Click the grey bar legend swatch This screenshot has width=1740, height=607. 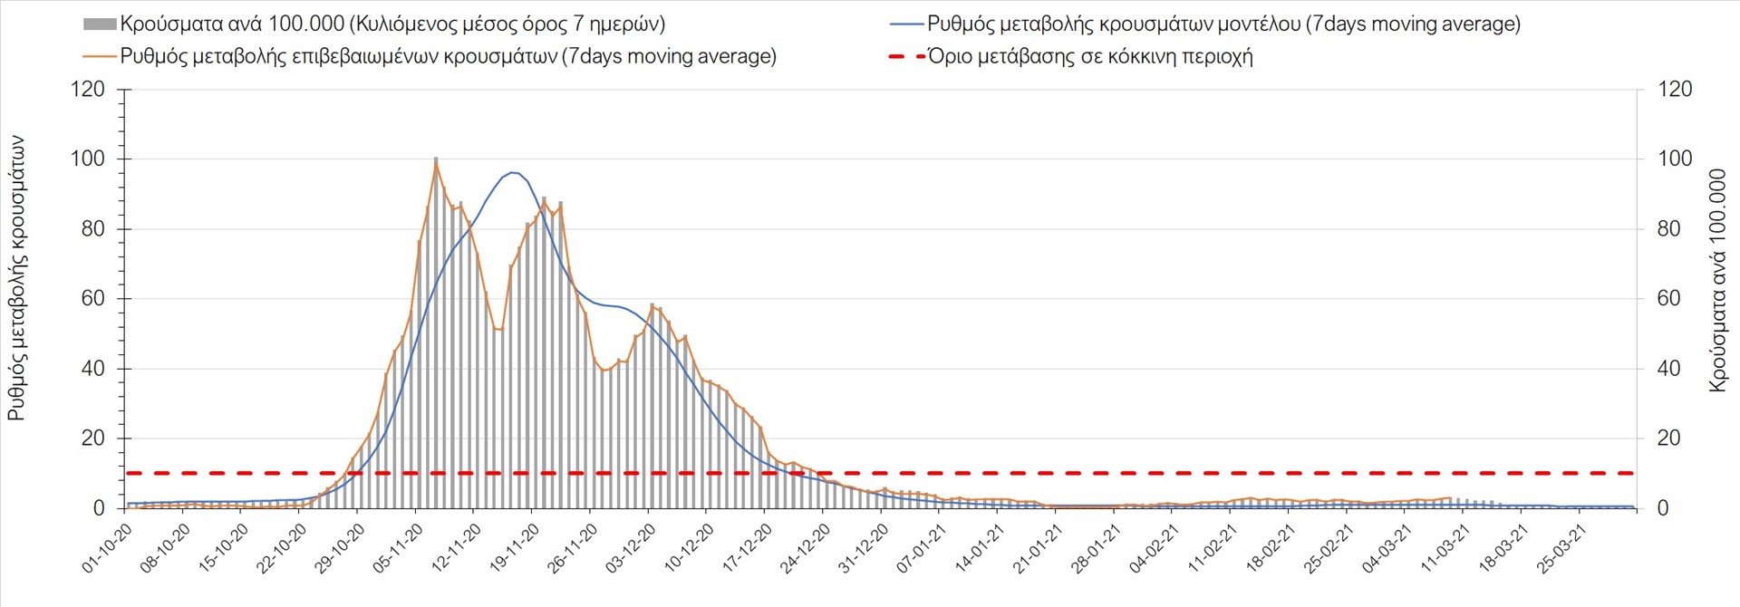(99, 24)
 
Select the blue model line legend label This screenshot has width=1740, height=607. (1223, 24)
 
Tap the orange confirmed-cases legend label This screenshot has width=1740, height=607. (449, 56)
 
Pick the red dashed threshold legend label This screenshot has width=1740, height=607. (1090, 56)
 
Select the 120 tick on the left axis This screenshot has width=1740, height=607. (88, 89)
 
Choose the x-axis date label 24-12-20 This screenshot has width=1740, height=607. (805, 548)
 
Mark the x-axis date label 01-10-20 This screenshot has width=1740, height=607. (106, 548)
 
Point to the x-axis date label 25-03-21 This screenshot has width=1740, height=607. (1562, 548)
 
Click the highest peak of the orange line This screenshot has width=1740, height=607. (436, 163)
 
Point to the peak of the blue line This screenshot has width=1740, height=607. (513, 172)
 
